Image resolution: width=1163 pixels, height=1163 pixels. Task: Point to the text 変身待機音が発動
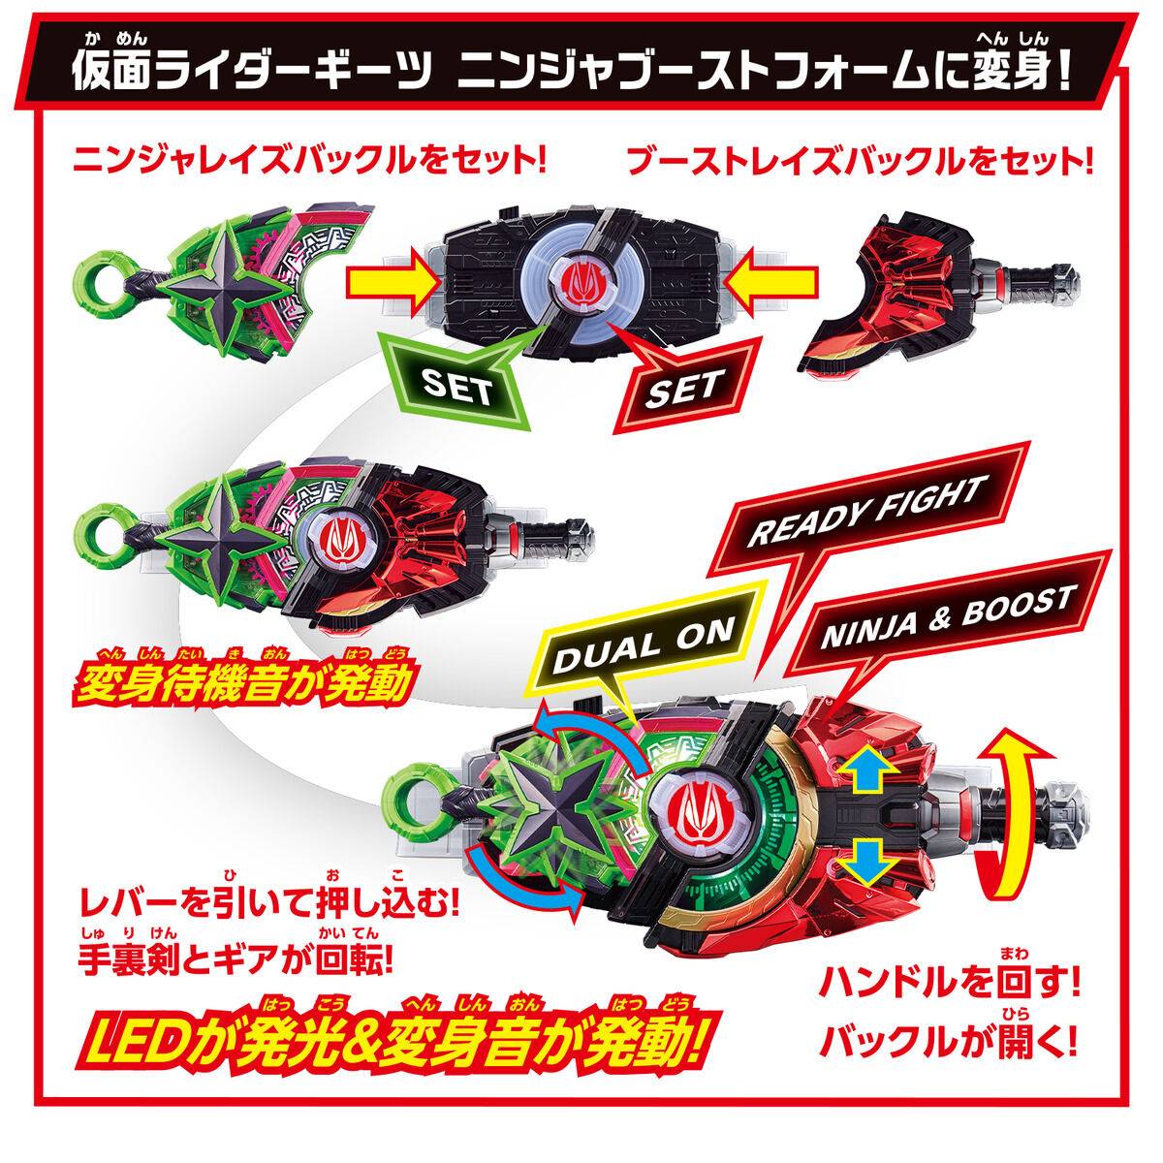[x=244, y=683]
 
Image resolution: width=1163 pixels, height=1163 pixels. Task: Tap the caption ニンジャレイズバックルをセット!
[x=308, y=161]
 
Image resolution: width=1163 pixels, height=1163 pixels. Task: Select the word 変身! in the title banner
[x=1012, y=68]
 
